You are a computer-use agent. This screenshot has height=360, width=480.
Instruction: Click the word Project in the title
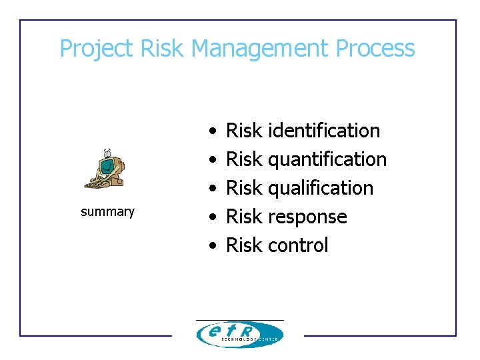click(x=97, y=49)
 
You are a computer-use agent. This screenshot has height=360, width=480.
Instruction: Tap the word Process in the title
click(x=375, y=49)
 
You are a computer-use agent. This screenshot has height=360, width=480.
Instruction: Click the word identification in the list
click(x=323, y=131)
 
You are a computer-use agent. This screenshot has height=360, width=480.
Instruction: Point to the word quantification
click(x=327, y=160)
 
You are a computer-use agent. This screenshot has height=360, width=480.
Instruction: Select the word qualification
click(x=320, y=189)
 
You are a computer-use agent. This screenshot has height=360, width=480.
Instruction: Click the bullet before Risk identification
click(x=211, y=131)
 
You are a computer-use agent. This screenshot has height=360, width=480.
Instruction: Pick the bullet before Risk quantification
click(x=211, y=160)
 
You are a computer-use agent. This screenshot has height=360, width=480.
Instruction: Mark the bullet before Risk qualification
click(x=211, y=189)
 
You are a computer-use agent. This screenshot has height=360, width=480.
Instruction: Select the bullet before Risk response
click(x=211, y=217)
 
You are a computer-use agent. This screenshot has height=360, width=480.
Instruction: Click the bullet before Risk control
click(x=211, y=246)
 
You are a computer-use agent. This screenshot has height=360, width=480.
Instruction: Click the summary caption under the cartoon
click(x=107, y=212)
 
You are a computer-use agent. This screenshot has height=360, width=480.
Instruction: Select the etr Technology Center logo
click(x=239, y=333)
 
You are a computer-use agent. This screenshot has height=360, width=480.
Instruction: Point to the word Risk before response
click(x=244, y=217)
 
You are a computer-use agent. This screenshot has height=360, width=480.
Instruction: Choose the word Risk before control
click(x=244, y=245)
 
